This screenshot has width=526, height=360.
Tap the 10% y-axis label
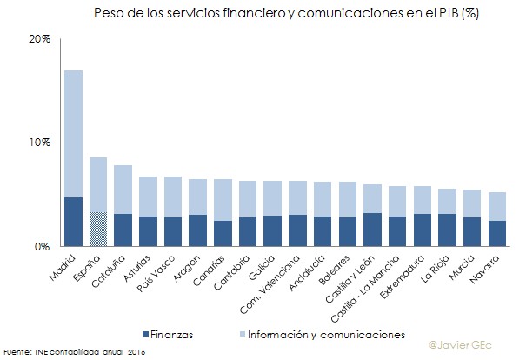(x=40, y=143)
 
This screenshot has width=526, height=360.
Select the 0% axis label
(x=43, y=246)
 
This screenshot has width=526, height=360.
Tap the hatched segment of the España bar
(x=98, y=229)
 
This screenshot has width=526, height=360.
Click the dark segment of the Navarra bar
(x=472, y=233)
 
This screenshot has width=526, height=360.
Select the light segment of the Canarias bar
(x=223, y=200)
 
